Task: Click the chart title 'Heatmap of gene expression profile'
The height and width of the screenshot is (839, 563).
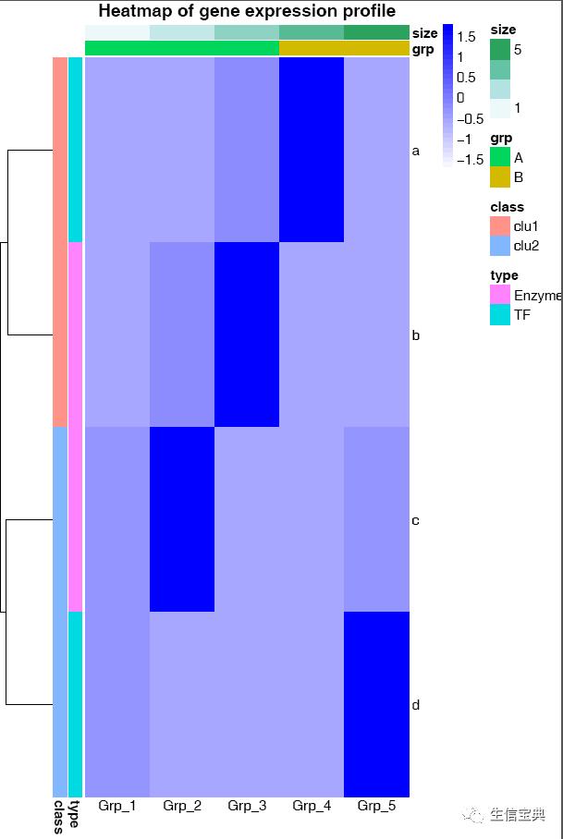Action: (x=247, y=11)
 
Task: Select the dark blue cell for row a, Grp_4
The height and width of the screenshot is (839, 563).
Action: (x=312, y=149)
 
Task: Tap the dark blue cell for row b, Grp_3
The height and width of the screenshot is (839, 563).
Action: (x=247, y=334)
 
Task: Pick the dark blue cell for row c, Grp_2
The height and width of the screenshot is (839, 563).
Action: (x=182, y=518)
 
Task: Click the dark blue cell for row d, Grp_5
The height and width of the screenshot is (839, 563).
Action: (x=376, y=703)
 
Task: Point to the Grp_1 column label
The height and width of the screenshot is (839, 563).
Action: (x=117, y=806)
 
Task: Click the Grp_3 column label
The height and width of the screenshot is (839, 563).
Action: (x=247, y=806)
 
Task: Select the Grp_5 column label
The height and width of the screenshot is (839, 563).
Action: (x=376, y=806)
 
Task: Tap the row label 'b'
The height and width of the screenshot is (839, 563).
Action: (x=416, y=335)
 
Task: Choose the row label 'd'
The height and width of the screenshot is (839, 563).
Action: (x=416, y=706)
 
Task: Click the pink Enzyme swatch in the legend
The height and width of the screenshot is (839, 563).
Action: (x=499, y=295)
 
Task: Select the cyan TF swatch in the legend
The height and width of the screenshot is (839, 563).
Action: (x=499, y=315)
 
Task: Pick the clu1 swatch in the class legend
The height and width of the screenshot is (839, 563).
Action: (x=499, y=226)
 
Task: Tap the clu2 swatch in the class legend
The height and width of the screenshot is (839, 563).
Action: (x=499, y=247)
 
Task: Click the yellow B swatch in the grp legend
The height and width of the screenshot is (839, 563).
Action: (x=499, y=177)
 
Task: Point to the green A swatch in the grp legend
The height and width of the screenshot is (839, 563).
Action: (x=499, y=157)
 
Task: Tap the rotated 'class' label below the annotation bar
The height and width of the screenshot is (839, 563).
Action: (x=58, y=817)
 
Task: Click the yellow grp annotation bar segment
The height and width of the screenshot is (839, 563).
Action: (x=344, y=48)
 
